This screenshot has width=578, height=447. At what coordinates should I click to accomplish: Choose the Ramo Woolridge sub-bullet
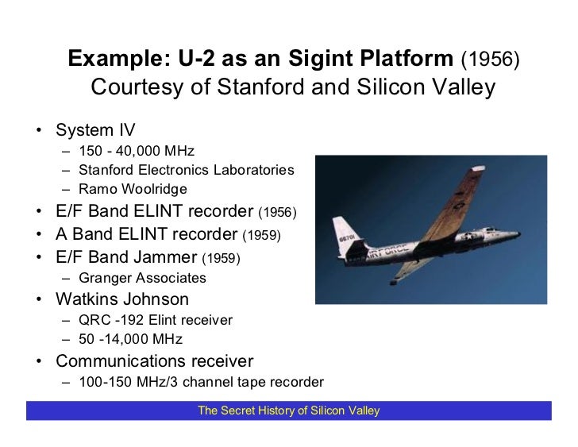[x=133, y=188]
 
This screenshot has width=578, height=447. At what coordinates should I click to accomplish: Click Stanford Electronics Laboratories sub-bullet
[x=187, y=170]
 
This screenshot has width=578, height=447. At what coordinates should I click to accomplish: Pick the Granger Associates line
[x=143, y=278]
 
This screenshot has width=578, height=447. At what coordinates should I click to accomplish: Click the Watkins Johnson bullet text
[x=122, y=300]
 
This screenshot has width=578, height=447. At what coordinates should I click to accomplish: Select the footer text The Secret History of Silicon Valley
[x=289, y=410]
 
